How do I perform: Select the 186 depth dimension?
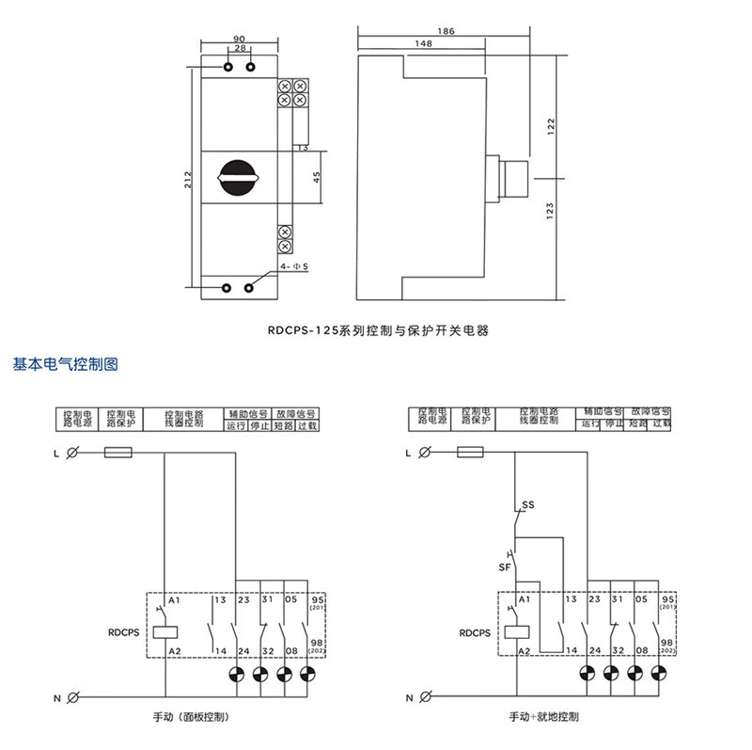(x=446, y=32)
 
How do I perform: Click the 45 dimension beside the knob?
(x=317, y=176)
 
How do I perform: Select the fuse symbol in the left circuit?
(x=117, y=453)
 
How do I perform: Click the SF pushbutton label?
(x=504, y=566)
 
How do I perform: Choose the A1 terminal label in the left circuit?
(x=173, y=599)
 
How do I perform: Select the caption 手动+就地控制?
(x=543, y=717)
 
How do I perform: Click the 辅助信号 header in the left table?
(x=248, y=413)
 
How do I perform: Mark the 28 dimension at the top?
(x=240, y=48)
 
